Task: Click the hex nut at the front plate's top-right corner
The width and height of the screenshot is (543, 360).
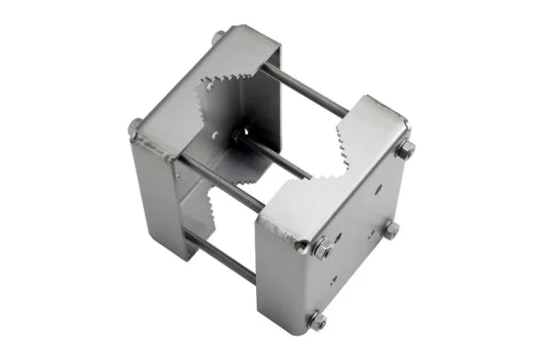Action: tap(405, 148)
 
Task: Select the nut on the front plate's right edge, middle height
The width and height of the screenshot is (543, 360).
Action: tap(390, 230)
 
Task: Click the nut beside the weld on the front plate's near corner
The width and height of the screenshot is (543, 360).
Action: tap(322, 247)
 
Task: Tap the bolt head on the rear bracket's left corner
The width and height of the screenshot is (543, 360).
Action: tap(136, 127)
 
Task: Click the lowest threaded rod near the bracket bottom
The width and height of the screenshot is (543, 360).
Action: tap(222, 257)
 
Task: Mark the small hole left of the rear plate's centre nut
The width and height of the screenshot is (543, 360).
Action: tap(215, 137)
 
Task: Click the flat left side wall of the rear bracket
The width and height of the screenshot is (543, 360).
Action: tap(154, 199)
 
